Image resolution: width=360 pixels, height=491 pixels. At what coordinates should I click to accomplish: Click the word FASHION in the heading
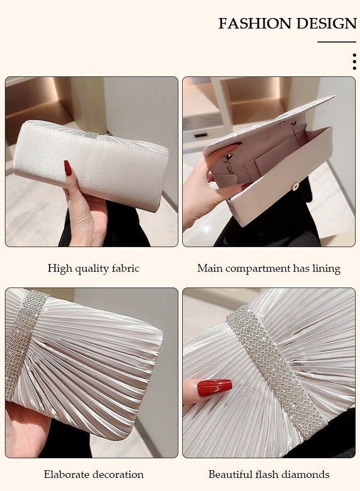coord(255,23)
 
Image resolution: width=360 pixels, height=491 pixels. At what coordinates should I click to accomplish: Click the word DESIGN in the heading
coord(326,23)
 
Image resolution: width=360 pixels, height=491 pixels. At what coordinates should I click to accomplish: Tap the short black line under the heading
coord(337,42)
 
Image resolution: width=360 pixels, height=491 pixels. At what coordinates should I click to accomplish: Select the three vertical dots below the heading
coord(354,61)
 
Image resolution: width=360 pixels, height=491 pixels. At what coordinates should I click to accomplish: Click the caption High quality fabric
coord(93,268)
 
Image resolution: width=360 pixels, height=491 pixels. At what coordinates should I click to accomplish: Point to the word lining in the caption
coord(326,268)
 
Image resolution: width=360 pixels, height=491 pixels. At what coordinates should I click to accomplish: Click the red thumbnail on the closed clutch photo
coord(68,168)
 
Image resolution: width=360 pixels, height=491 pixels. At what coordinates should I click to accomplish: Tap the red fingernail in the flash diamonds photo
coord(214,388)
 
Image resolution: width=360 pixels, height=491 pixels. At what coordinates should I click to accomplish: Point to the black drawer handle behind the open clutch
coord(201,134)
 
